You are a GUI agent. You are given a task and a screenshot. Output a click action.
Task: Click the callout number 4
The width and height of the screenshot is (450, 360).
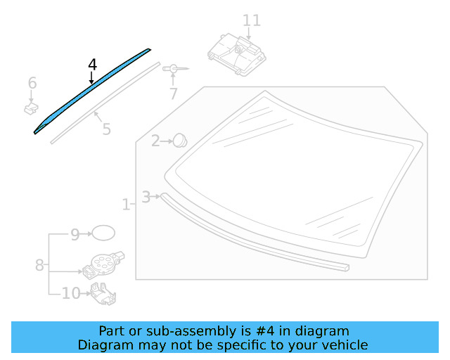pyautogui.click(x=93, y=65)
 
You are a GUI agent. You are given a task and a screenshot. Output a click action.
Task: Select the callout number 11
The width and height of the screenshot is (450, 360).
pyautogui.click(x=252, y=20)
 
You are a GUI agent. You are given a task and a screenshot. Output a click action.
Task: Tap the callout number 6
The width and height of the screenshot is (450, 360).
pyautogui.click(x=32, y=84)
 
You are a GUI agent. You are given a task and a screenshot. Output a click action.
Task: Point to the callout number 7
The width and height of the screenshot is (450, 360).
pyautogui.click(x=173, y=94)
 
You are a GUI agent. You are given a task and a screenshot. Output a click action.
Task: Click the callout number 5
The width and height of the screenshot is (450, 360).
pyautogui.click(x=106, y=129)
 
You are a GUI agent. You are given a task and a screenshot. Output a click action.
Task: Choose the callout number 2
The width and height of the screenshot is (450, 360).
pyautogui.click(x=155, y=141)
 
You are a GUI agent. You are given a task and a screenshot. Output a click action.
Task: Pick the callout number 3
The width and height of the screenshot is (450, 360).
pyautogui.click(x=146, y=197)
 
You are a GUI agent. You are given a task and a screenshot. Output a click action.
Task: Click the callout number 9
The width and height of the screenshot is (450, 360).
pyautogui.click(x=75, y=234)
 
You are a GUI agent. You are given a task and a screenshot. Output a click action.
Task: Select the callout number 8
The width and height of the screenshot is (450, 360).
pyautogui.click(x=39, y=265)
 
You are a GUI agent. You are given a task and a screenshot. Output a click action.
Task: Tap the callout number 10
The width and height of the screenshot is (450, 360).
pyautogui.click(x=71, y=293)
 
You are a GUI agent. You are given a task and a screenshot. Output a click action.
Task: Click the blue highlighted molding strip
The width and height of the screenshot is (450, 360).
pyautogui.click(x=91, y=90)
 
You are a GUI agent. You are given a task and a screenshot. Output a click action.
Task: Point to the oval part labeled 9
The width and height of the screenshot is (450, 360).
pyautogui.click(x=103, y=233)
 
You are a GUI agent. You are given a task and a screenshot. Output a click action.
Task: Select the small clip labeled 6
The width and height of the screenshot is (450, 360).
pyautogui.click(x=31, y=108)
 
